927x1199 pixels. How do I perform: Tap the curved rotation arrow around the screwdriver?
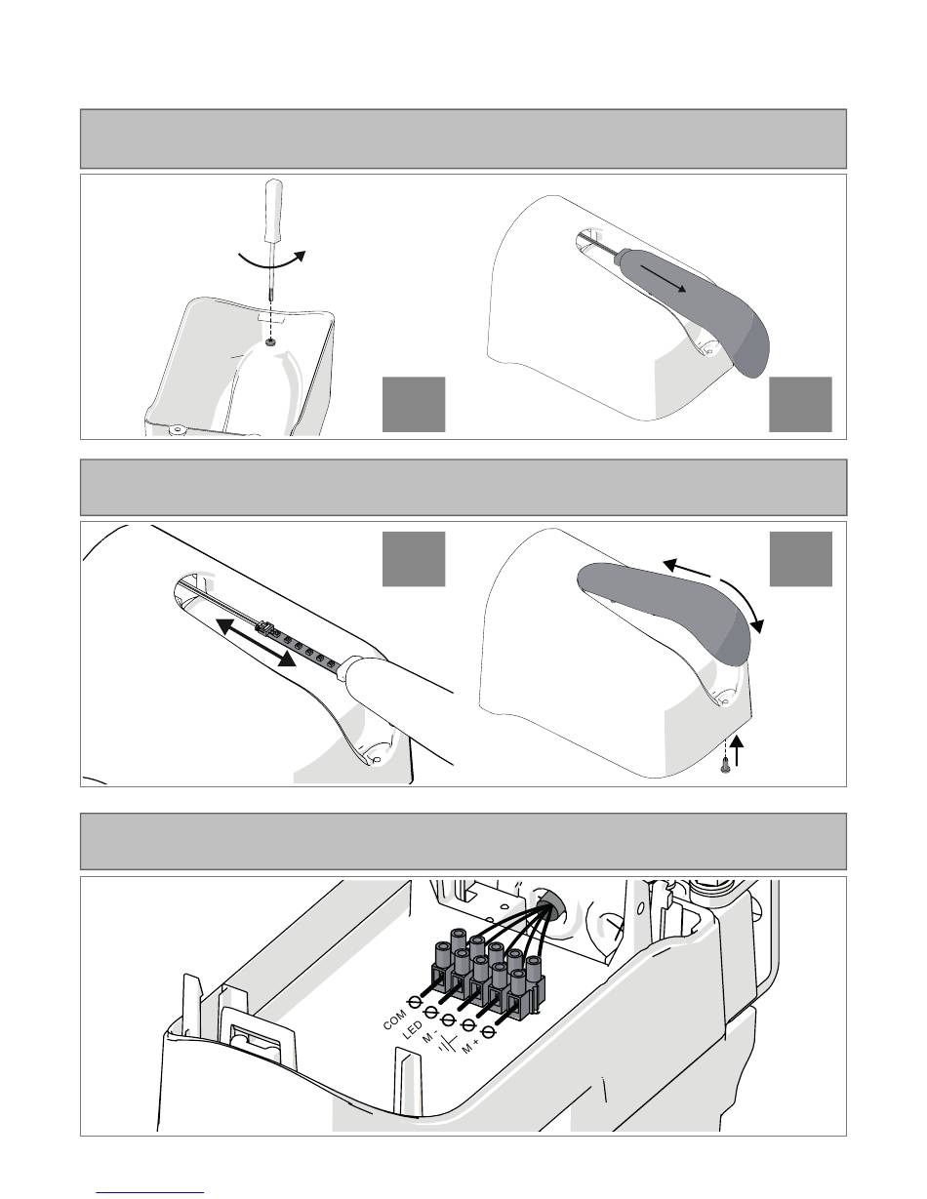click(x=272, y=261)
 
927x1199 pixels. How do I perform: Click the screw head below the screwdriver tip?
click(x=271, y=342)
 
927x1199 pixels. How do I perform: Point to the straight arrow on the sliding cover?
click(x=664, y=277)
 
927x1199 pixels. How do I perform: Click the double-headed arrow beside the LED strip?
click(x=256, y=642)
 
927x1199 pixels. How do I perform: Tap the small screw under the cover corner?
click(x=725, y=765)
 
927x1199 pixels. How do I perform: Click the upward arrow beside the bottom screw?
click(x=737, y=749)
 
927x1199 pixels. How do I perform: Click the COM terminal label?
click(x=394, y=1019)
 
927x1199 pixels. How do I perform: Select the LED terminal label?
click(x=412, y=1029)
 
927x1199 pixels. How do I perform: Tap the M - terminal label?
click(x=430, y=1036)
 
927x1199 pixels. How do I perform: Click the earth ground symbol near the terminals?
click(x=448, y=1042)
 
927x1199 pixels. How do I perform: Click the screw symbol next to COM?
click(x=415, y=1002)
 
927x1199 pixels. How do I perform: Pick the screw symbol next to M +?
click(x=488, y=1031)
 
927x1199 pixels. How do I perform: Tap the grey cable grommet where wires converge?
click(x=546, y=902)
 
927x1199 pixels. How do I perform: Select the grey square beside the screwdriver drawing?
click(x=414, y=405)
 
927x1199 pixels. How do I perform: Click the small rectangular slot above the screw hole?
click(x=270, y=318)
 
